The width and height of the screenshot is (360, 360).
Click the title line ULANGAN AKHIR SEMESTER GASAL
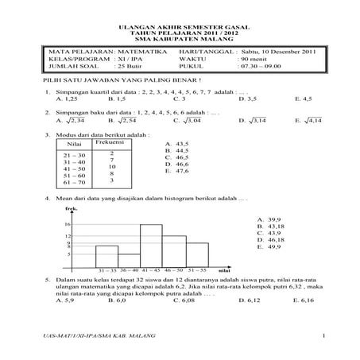pyautogui.click(x=180, y=26)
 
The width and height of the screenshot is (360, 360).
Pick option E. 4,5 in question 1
pyautogui.click(x=303, y=99)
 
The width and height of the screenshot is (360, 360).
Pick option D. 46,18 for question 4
pyautogui.click(x=270, y=238)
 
